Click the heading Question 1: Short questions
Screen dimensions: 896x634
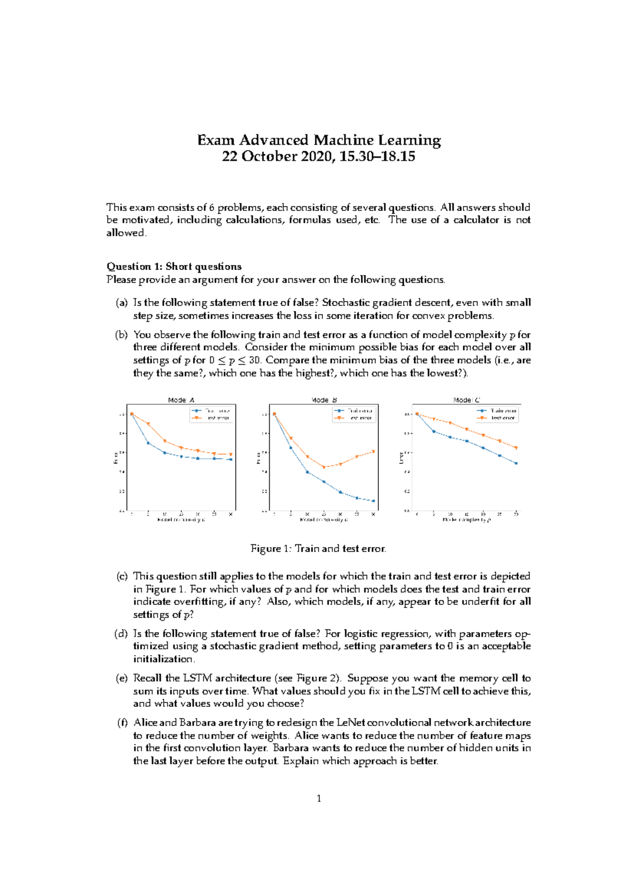click(x=174, y=266)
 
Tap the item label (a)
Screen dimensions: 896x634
click(x=122, y=303)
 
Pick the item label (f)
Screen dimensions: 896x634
click(x=122, y=722)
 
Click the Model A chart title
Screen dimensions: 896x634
click(x=181, y=400)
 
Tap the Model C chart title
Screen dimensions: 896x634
click(x=466, y=400)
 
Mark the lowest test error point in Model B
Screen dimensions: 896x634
click(x=324, y=467)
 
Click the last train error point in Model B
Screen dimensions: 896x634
click(x=374, y=501)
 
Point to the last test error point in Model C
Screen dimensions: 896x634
click(x=516, y=448)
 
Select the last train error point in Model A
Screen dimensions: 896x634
click(x=231, y=460)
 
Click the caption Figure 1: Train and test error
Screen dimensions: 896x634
click(x=318, y=548)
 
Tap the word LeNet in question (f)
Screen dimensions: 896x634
click(x=350, y=722)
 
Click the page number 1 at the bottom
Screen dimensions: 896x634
click(x=319, y=798)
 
